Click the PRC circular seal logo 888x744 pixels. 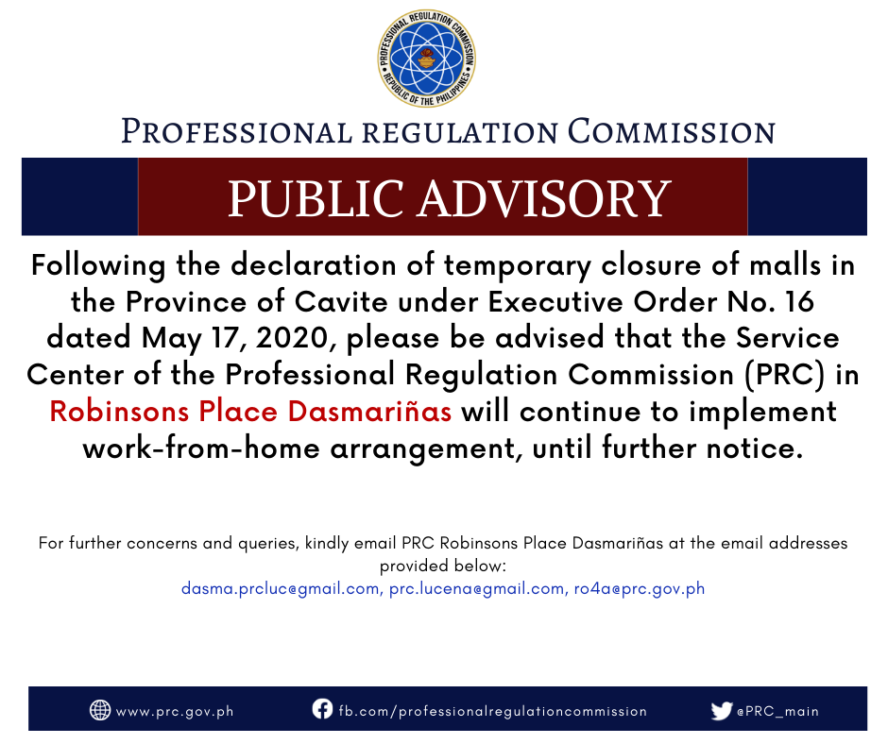tap(427, 59)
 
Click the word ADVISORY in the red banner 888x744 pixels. tap(545, 198)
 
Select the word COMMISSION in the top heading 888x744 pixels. tap(671, 131)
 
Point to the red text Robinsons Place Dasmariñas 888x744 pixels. tap(250, 411)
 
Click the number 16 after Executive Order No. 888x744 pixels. tap(799, 301)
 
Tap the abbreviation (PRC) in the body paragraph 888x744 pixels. tap(784, 375)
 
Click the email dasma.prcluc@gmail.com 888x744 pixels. tap(280, 589)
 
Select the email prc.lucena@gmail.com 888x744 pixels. tap(476, 589)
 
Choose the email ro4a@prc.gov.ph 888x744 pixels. tap(640, 589)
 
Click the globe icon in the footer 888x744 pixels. tap(100, 710)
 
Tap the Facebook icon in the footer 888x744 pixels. tap(322, 709)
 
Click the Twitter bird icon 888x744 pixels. tap(722, 711)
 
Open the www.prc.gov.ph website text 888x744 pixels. tap(175, 712)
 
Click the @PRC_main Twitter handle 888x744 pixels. tap(777, 711)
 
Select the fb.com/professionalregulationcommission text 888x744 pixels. tap(493, 711)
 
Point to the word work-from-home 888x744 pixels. tap(201, 448)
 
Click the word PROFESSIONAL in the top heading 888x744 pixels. tap(237, 131)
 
